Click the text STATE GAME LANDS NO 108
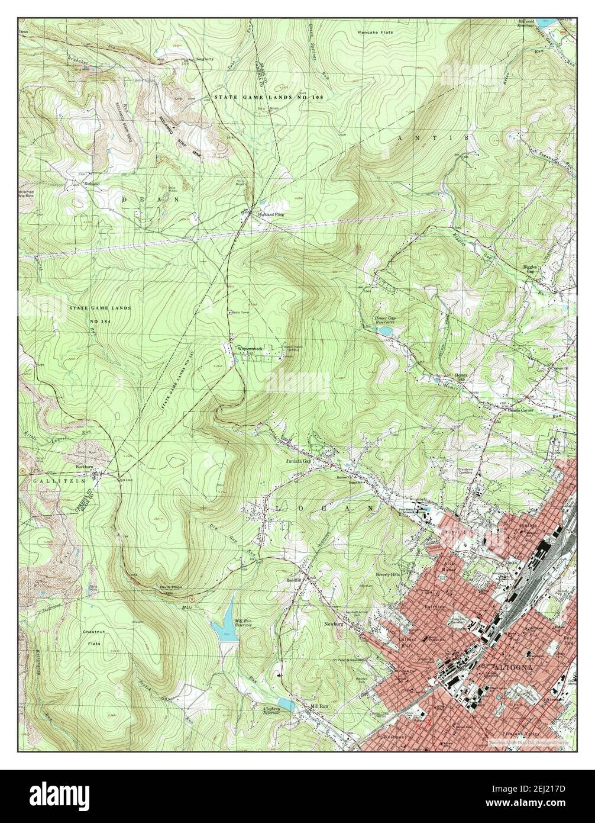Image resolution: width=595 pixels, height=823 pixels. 269,97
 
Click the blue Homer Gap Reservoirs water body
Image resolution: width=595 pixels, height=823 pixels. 384,330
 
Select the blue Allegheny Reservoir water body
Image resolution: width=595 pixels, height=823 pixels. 284,704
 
